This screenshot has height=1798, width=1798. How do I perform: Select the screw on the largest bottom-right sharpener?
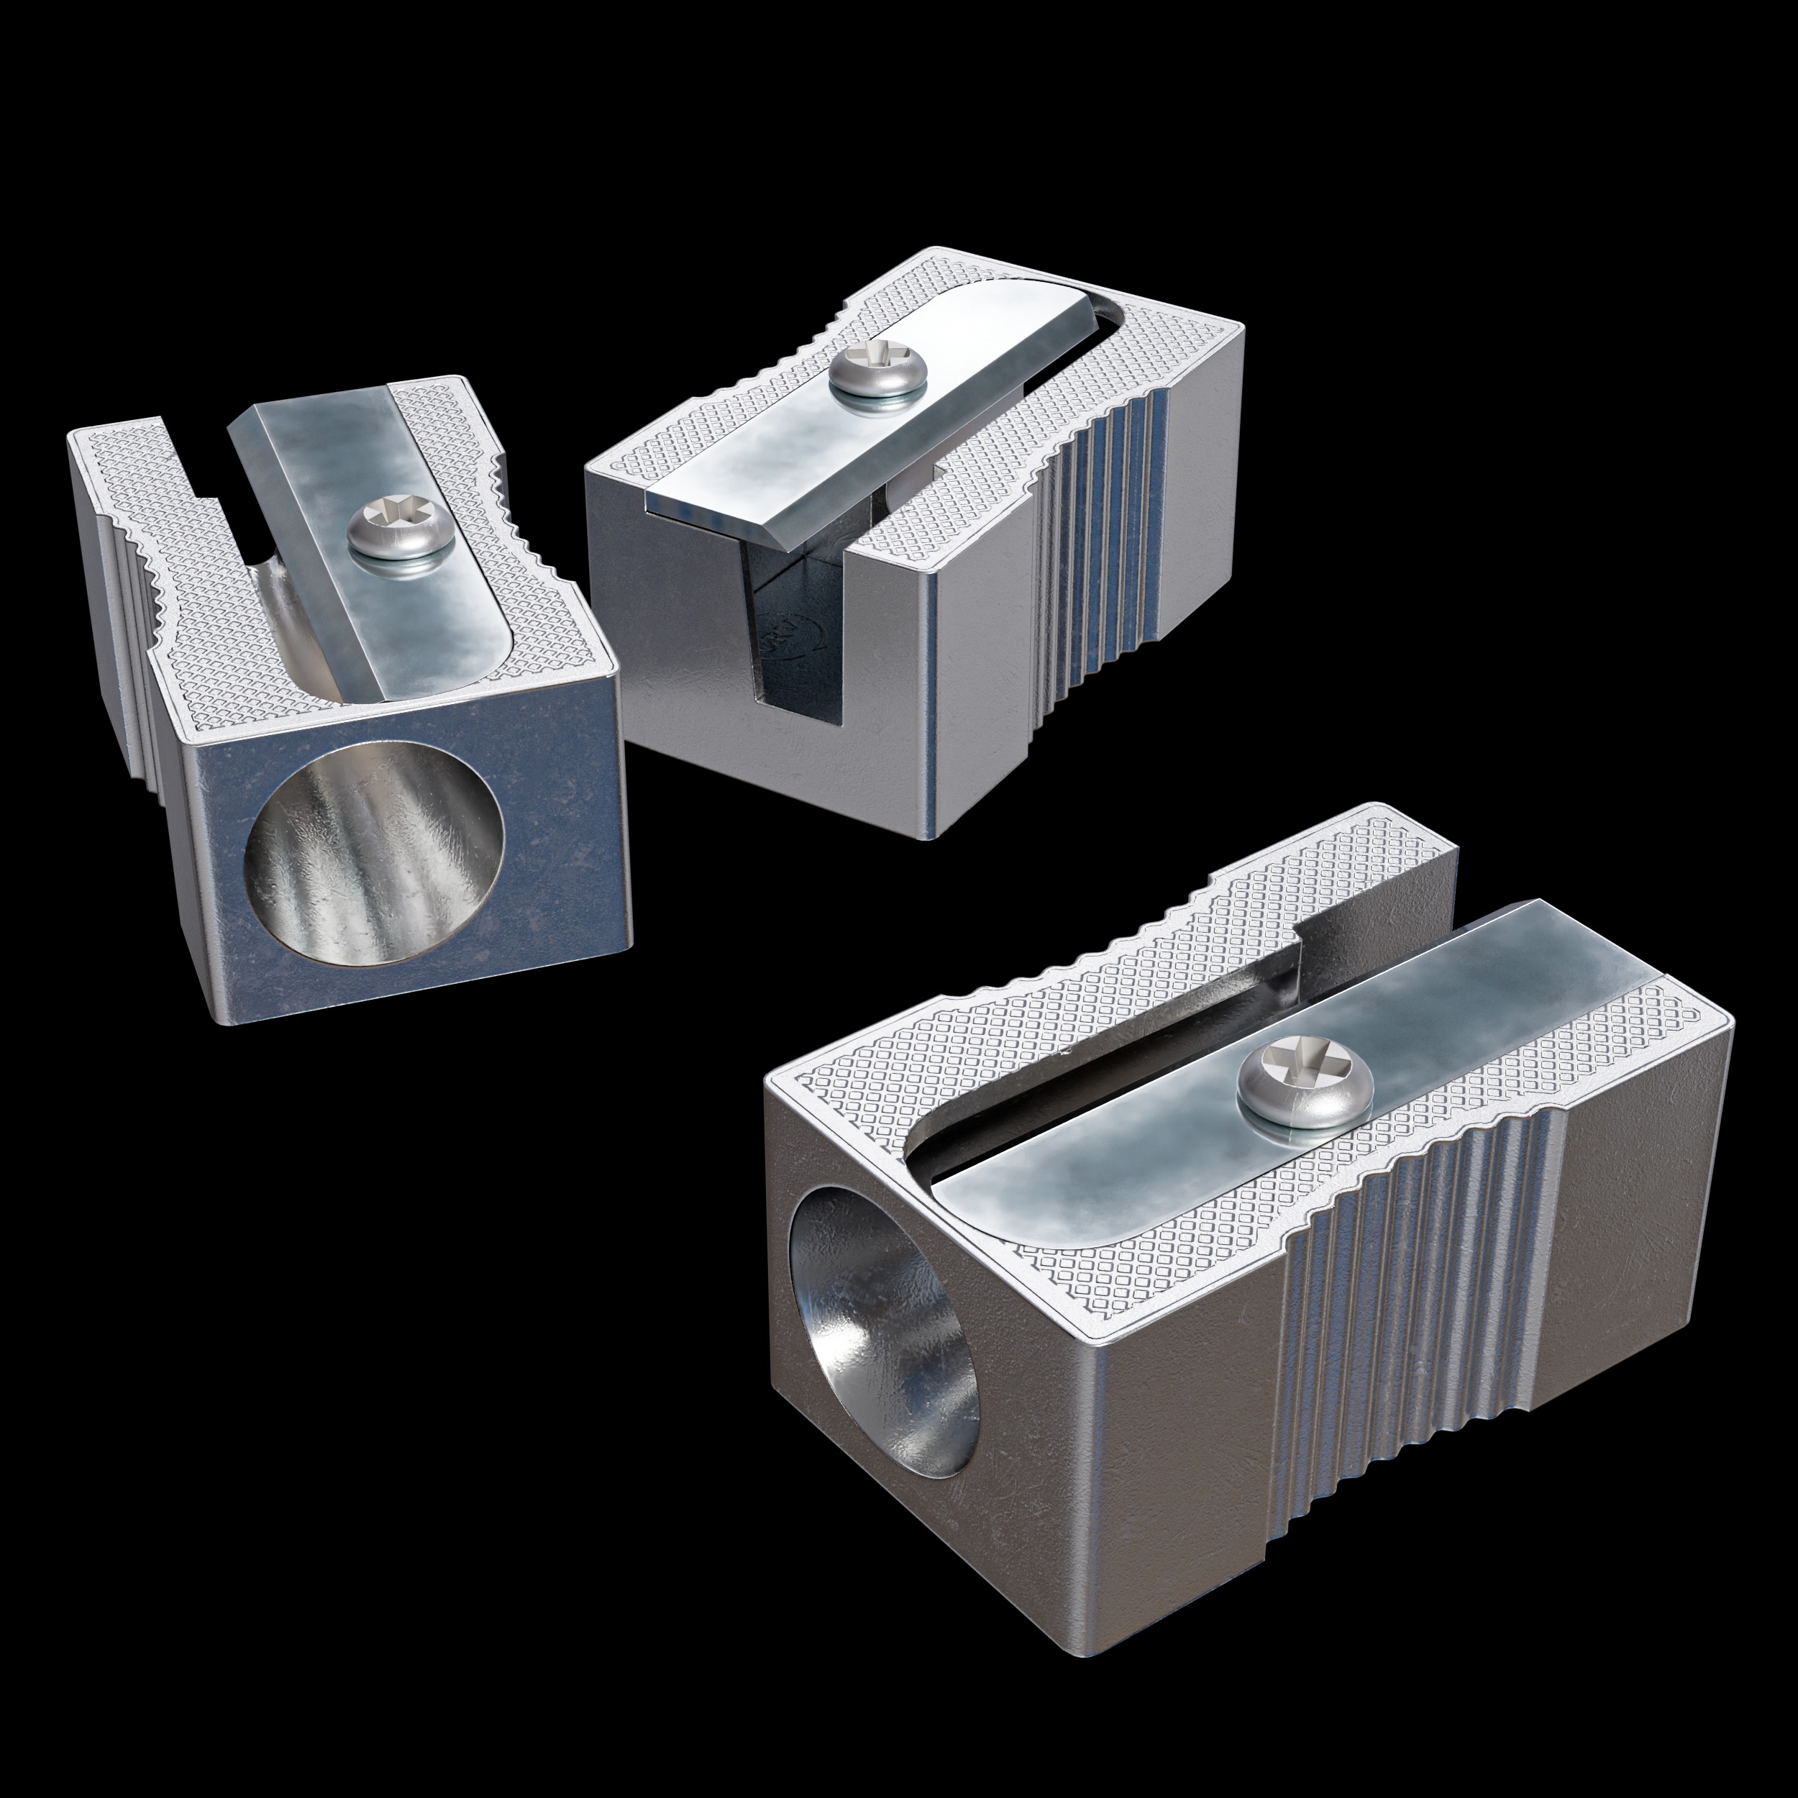pyautogui.click(x=1304, y=1086)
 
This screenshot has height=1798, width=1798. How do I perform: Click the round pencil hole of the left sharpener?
pyautogui.click(x=374, y=852)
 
